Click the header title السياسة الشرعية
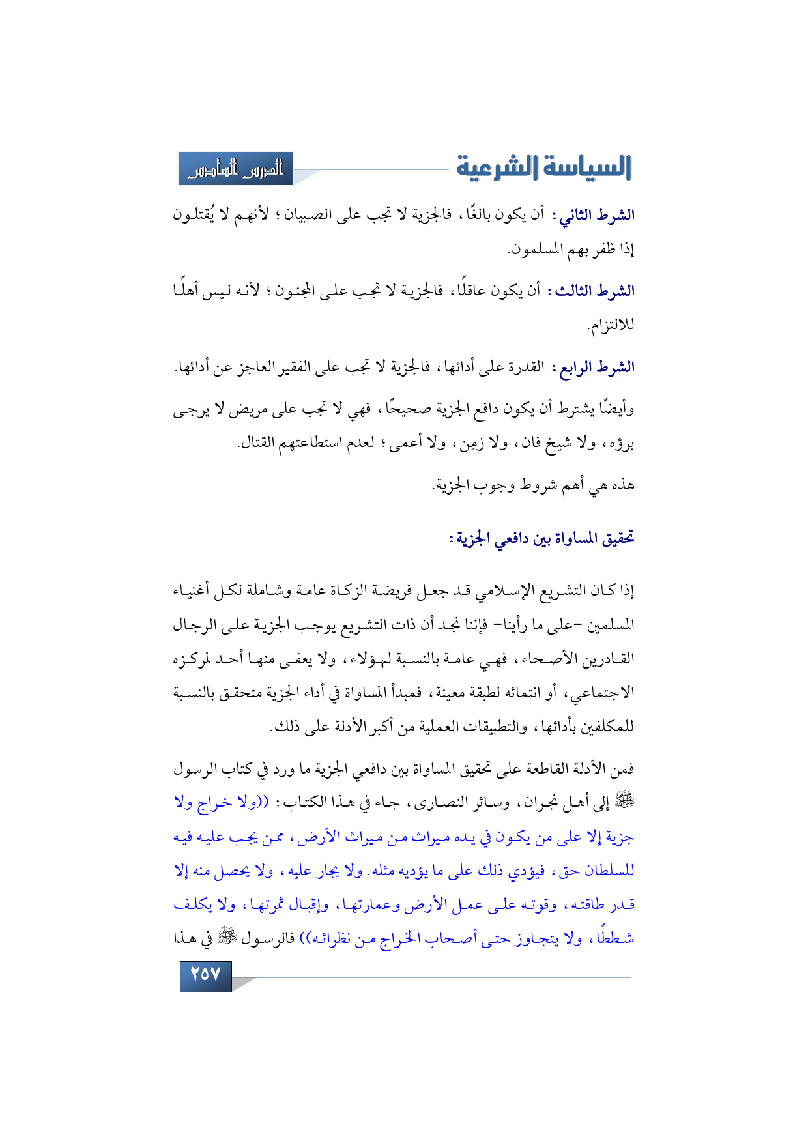543,167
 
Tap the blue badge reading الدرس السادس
236,169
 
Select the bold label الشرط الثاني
596,215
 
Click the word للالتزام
611,325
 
